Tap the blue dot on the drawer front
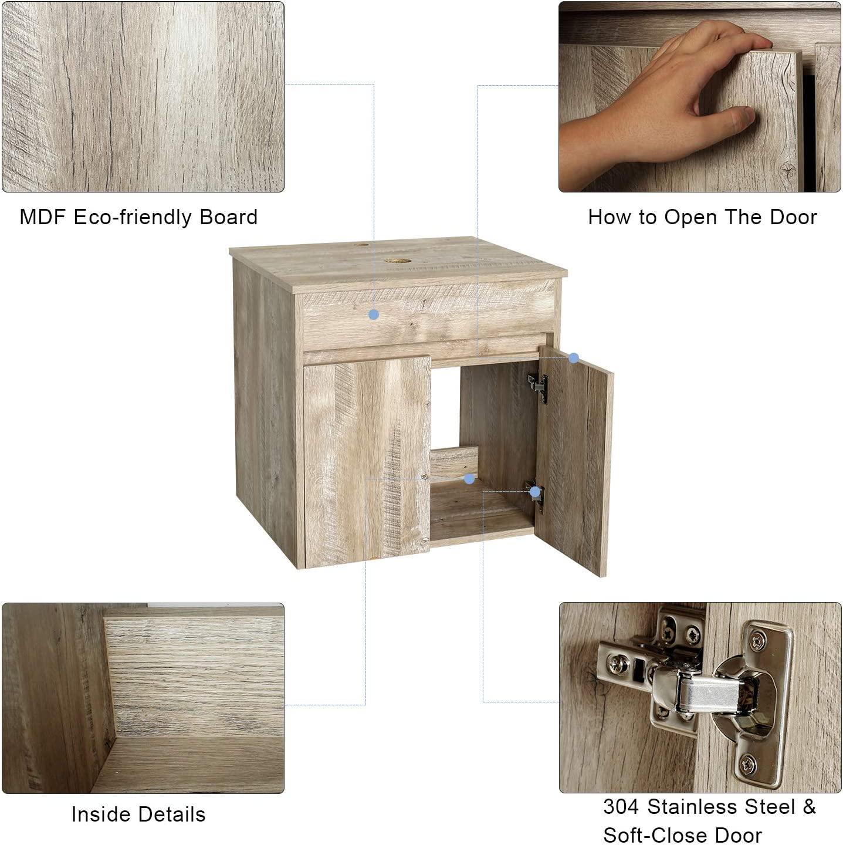coord(374,315)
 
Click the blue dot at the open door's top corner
coord(573,359)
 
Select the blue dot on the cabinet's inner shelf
coord(469,479)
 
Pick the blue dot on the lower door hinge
coord(535,492)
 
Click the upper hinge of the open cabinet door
coord(539,387)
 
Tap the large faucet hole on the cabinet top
coord(398,261)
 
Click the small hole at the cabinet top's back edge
coord(362,244)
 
